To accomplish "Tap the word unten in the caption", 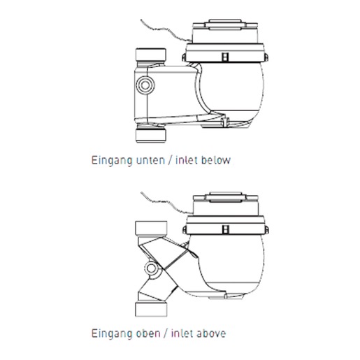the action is tap(150, 160).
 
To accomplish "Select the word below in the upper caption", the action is tap(216, 160).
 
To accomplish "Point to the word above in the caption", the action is tap(211, 333).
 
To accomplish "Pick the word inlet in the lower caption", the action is tap(183, 333).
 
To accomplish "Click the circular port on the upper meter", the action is tap(145, 85).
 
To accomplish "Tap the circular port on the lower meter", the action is tap(152, 268).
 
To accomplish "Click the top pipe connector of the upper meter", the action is tap(151, 55).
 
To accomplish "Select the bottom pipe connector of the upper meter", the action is tap(151, 136).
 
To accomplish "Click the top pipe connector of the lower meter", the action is tap(151, 228).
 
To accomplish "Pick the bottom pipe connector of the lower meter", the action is tap(151, 309).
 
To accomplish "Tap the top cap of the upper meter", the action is tap(225, 25).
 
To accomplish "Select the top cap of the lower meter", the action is tap(226, 198).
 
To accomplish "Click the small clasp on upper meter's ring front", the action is tap(225, 57).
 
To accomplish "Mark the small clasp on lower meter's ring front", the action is tap(225, 229).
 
